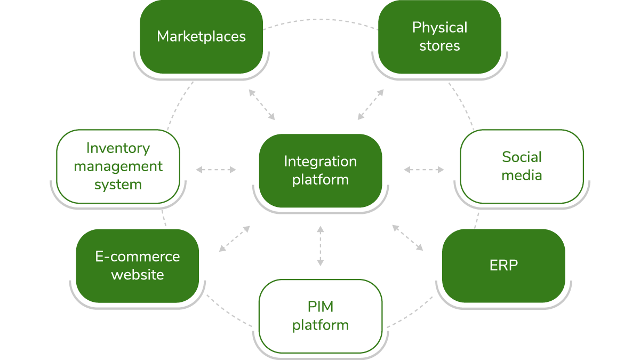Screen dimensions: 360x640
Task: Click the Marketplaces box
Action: click(x=201, y=36)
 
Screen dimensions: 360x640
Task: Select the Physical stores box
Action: click(x=439, y=36)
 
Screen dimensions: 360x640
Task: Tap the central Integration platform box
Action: click(x=320, y=170)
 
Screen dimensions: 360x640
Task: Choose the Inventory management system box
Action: click(x=118, y=166)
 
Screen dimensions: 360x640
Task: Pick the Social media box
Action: click(x=522, y=166)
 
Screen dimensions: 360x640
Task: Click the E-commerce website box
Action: click(x=137, y=266)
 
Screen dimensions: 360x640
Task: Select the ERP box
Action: click(x=503, y=266)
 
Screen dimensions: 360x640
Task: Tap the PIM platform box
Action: click(x=320, y=316)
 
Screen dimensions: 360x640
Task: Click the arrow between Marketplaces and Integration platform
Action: click(x=262, y=105)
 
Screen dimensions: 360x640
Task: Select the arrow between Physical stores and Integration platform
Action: click(x=371, y=104)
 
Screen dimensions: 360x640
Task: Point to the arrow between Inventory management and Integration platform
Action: click(x=216, y=170)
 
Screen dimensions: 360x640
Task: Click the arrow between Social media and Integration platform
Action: click(x=424, y=170)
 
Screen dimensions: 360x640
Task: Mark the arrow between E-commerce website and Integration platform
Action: click(x=235, y=238)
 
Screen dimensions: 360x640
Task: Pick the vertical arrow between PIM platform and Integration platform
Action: click(x=320, y=245)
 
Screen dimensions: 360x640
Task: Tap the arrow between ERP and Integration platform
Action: click(x=407, y=237)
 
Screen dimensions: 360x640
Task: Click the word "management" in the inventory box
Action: click(x=118, y=166)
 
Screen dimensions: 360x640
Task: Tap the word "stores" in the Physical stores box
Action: click(x=439, y=46)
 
